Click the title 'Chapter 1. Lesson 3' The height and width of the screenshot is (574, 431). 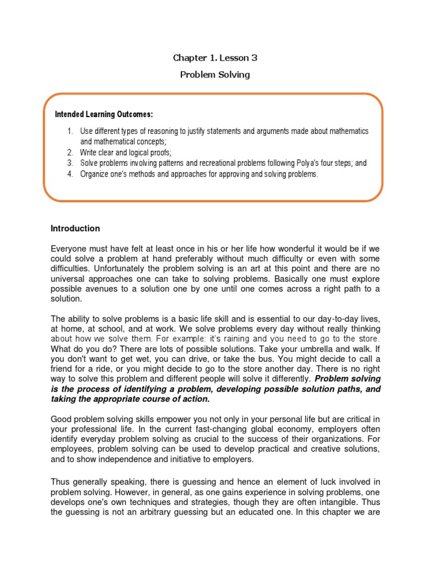[215, 58]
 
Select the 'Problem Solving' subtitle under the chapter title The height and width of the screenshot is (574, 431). [215, 75]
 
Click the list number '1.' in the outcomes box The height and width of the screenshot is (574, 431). [70, 131]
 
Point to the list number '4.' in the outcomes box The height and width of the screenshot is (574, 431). [70, 174]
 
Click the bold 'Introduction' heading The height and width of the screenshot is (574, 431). [75, 229]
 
